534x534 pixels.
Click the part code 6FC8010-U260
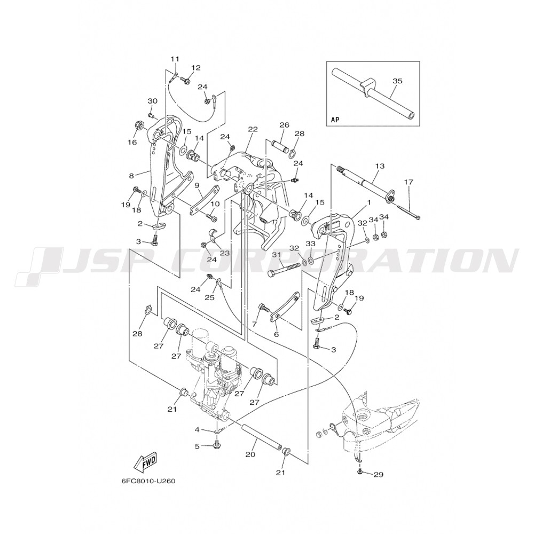click(148, 480)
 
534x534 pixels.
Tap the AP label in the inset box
click(335, 120)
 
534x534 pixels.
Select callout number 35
click(397, 81)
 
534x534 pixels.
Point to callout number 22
click(253, 129)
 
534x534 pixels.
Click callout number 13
click(380, 167)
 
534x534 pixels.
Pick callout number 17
click(409, 182)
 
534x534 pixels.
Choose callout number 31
click(276, 256)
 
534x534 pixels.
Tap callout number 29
click(379, 474)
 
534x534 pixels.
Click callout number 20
click(250, 455)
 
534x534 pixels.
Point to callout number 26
click(284, 125)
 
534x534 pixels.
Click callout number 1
click(368, 203)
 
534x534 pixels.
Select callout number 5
click(197, 446)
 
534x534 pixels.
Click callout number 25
click(209, 297)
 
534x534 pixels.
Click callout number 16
click(132, 142)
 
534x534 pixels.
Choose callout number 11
click(175, 59)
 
